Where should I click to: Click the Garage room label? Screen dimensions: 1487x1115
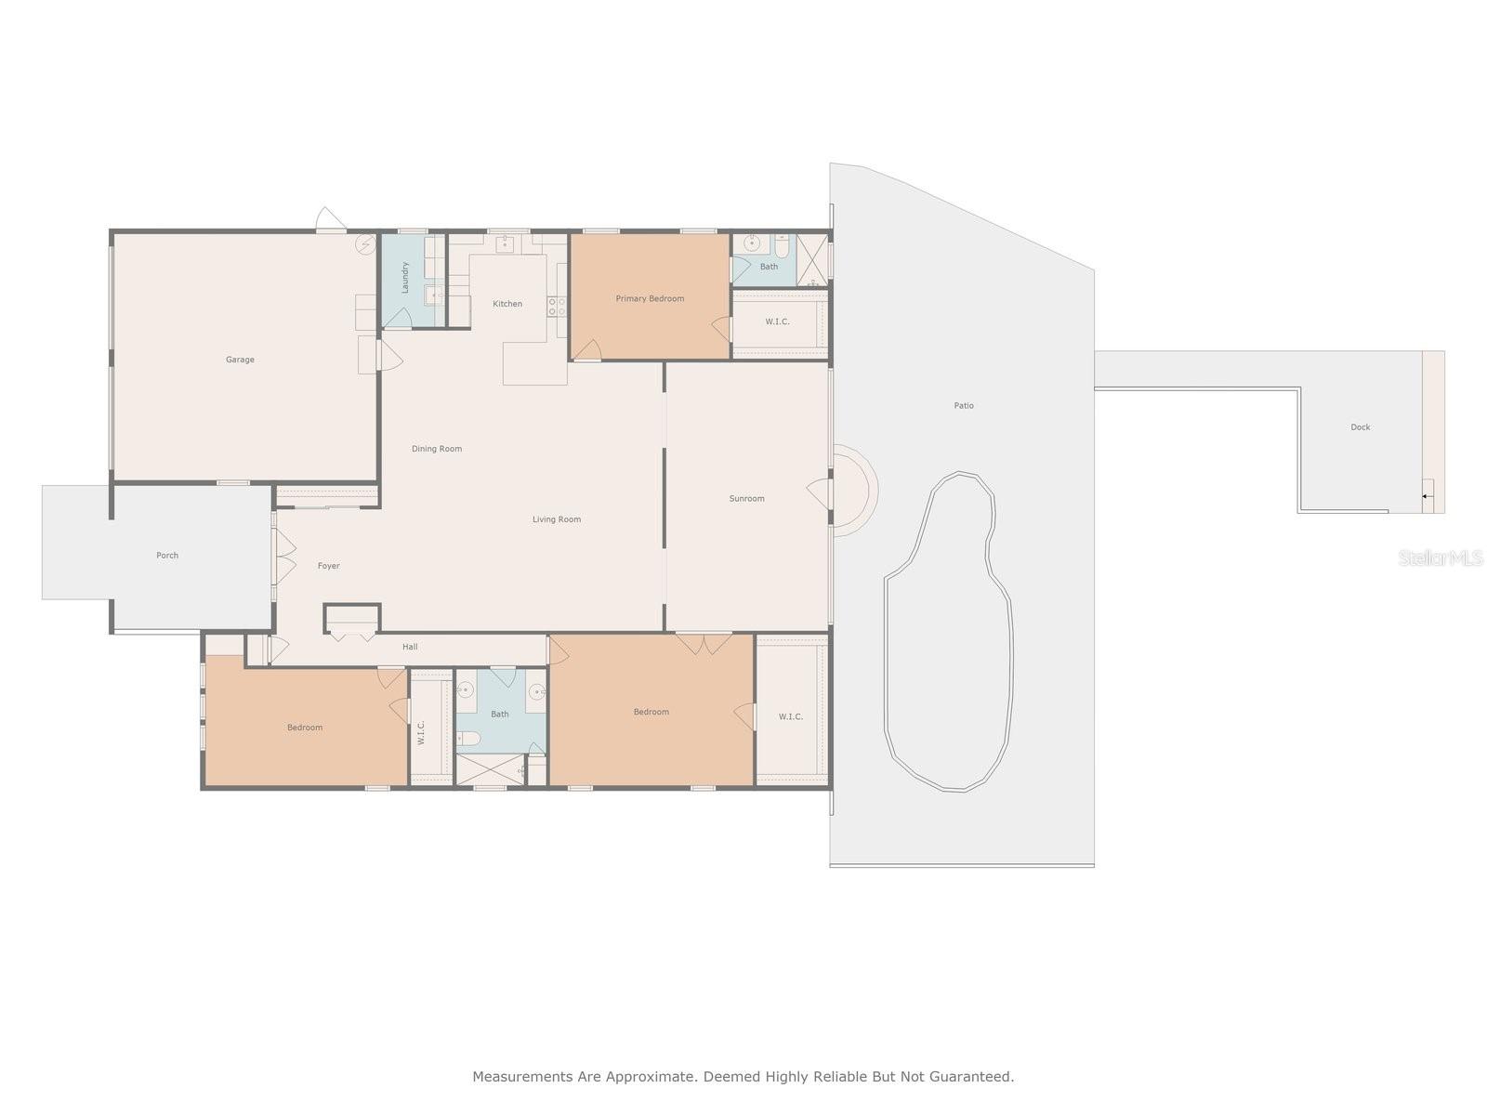240,360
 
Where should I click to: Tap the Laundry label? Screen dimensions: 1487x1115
405,277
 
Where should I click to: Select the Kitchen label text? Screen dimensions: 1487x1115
507,304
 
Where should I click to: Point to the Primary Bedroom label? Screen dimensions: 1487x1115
650,298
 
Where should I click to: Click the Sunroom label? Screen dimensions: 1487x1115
746,499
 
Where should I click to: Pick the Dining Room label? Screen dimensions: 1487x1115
437,449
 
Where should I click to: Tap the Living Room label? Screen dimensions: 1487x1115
556,520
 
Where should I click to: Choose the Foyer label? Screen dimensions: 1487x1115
329,566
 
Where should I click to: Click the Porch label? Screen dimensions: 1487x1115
167,556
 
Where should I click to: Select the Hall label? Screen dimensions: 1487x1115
410,648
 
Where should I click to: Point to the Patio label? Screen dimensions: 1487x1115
964,406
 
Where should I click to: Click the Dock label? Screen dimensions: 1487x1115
1361,427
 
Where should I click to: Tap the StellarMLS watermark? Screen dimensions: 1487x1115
1441,558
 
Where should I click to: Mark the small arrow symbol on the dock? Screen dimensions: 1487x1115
1426,497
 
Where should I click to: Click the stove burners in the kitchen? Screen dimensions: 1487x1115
556,306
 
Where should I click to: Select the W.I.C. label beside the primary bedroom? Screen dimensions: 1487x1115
777,322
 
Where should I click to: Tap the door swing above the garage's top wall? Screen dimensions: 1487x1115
331,218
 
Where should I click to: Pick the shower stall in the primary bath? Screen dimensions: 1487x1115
811,259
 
